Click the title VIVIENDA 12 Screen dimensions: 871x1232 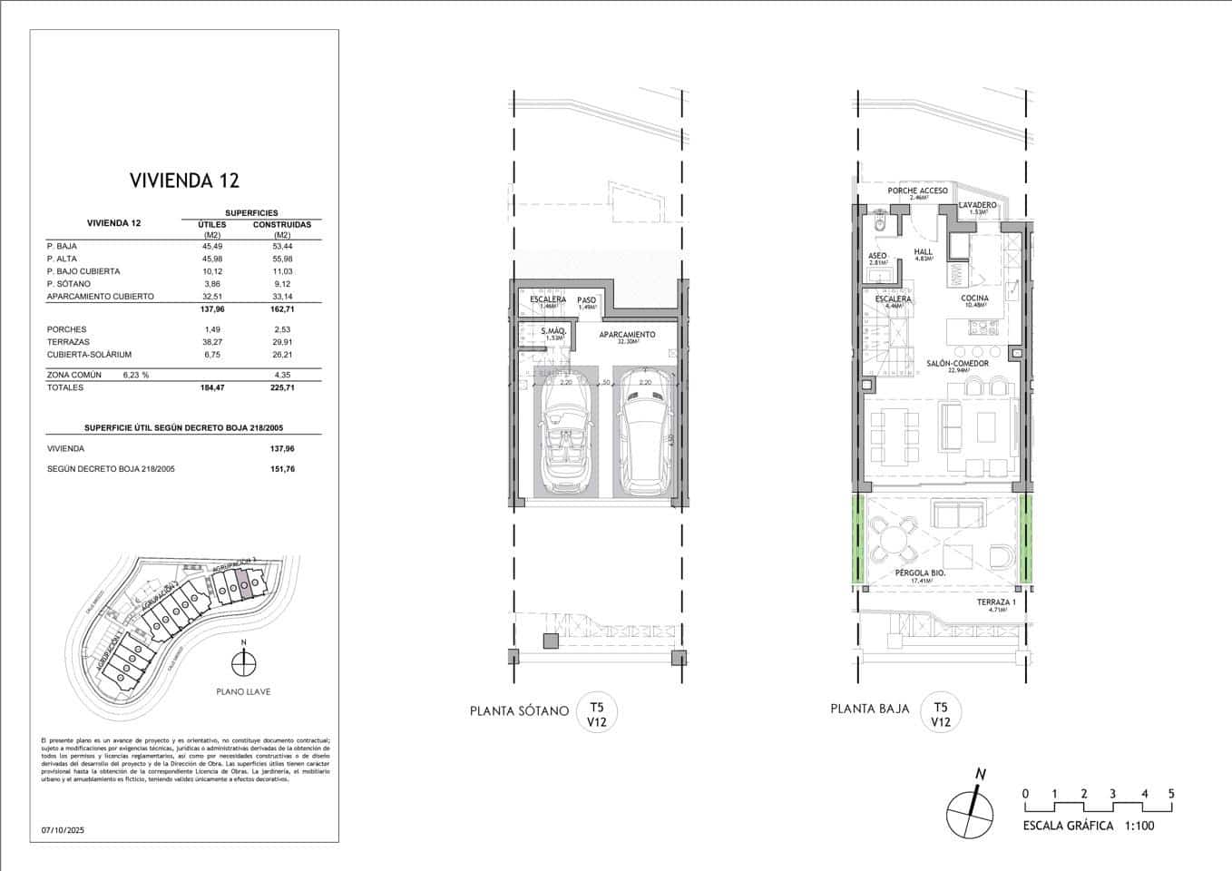tap(184, 180)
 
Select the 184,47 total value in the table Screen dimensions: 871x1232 tap(211, 387)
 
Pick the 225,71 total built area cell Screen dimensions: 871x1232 tap(281, 387)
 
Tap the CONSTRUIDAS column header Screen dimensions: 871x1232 tap(281, 224)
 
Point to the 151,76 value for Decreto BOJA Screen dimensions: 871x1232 tap(281, 469)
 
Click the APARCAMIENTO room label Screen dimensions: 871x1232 tap(627, 335)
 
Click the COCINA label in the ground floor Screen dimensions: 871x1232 tap(974, 298)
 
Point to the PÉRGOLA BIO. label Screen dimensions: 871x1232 tap(920, 573)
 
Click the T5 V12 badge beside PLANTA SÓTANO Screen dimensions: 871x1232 tap(596, 714)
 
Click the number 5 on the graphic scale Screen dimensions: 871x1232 tap(1171, 794)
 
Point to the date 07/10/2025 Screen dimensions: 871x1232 tap(62, 829)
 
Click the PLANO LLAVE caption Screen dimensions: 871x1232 tap(242, 691)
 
